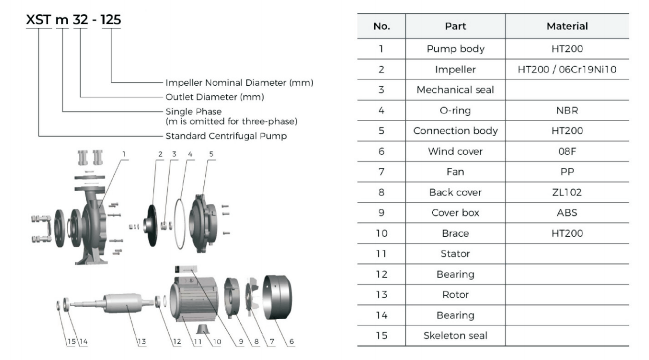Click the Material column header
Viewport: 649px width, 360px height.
pyautogui.click(x=567, y=26)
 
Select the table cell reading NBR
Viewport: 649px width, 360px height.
pyautogui.click(x=567, y=110)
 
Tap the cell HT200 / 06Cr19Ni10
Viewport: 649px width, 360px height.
pyautogui.click(x=567, y=70)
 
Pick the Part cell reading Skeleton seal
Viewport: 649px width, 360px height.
pyautogui.click(x=455, y=335)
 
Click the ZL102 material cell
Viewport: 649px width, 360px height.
pyautogui.click(x=567, y=192)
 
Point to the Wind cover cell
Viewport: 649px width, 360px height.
pyautogui.click(x=455, y=151)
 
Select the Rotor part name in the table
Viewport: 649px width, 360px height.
pyautogui.click(x=455, y=294)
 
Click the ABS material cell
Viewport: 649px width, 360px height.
pyautogui.click(x=567, y=213)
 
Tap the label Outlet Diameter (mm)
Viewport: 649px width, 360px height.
pyautogui.click(x=214, y=97)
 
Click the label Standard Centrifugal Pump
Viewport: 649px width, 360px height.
pyautogui.click(x=226, y=136)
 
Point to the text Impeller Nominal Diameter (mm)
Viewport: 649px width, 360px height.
pyautogui.click(x=239, y=82)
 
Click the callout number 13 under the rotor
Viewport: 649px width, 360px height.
pyautogui.click(x=142, y=341)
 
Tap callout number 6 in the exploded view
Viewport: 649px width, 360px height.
pyautogui.click(x=292, y=341)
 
